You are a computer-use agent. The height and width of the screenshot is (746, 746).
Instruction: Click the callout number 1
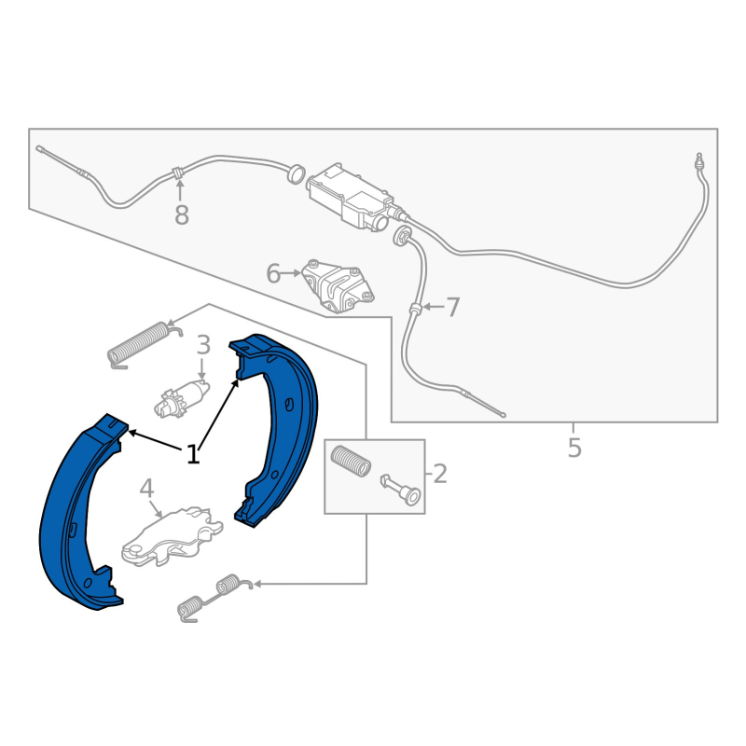tap(193, 454)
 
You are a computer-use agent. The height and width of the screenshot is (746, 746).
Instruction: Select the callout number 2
tap(439, 474)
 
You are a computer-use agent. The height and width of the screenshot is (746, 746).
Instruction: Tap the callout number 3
tap(203, 346)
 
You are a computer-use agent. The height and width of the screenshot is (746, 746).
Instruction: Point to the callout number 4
tap(146, 489)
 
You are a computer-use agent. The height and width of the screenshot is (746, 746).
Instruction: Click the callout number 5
tap(574, 449)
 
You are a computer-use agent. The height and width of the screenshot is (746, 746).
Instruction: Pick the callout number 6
tap(273, 273)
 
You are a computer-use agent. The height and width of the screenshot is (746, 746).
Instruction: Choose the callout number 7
tap(452, 307)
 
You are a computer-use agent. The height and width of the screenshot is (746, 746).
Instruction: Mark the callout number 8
tap(181, 215)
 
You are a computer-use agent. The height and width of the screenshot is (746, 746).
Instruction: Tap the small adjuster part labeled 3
tap(182, 396)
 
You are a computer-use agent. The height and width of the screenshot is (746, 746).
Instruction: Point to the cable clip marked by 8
tap(176, 173)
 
